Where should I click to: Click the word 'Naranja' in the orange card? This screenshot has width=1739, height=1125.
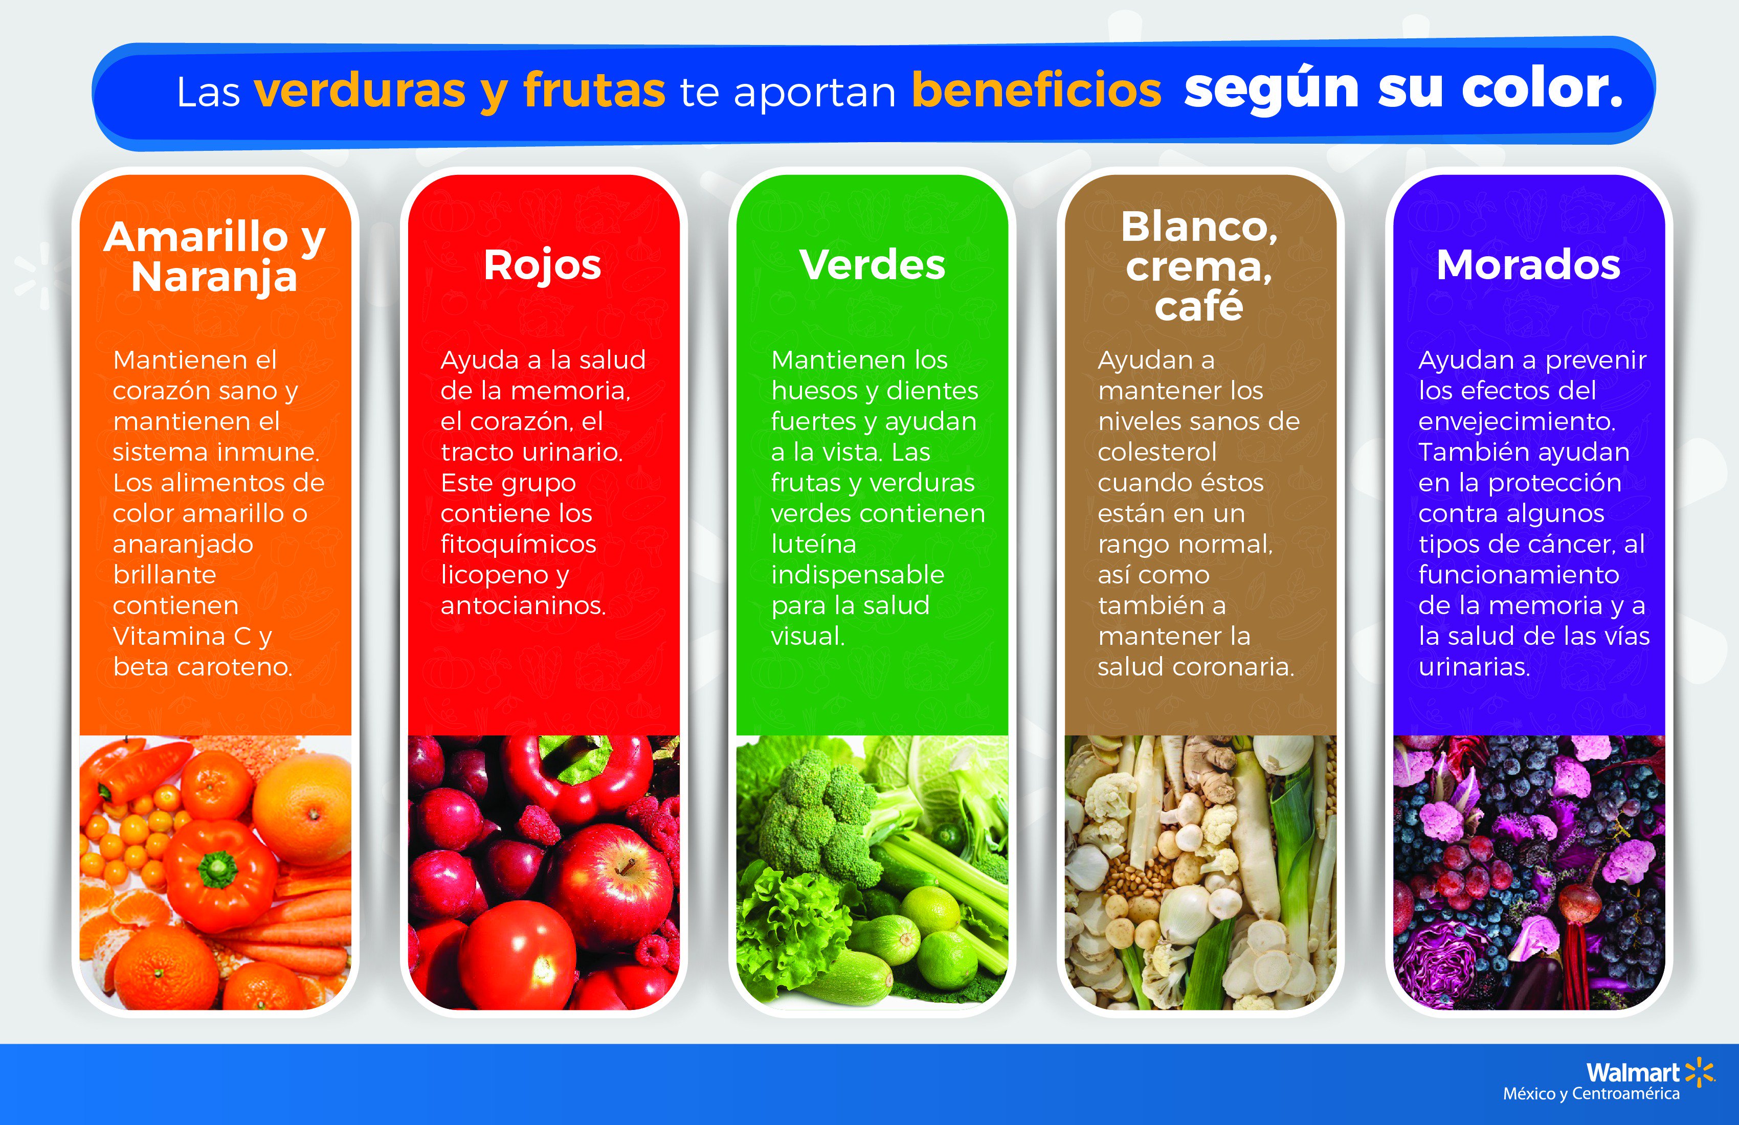[x=214, y=278]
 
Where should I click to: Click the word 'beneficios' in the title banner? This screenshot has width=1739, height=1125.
[x=1036, y=91]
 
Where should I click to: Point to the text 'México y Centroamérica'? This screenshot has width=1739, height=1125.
[x=1591, y=1094]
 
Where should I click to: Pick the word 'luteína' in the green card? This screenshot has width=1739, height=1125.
[x=813, y=544]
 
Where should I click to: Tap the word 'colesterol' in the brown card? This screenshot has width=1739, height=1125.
[x=1156, y=452]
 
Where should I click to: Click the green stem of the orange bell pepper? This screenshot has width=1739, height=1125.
[x=218, y=869]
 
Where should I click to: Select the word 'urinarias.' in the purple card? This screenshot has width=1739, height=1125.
[x=1474, y=667]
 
